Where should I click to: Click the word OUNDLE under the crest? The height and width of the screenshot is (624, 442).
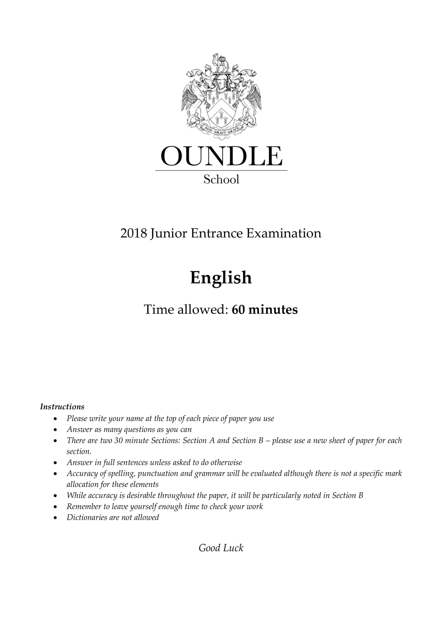221,156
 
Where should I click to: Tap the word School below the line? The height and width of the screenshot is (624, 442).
221,180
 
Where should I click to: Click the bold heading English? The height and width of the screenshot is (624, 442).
221,278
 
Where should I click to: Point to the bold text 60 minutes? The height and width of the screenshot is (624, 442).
265,310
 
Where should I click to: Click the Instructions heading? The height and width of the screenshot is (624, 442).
62,407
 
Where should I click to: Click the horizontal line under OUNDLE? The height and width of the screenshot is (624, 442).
221,170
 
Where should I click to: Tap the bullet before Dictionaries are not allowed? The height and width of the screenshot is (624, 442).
55,518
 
